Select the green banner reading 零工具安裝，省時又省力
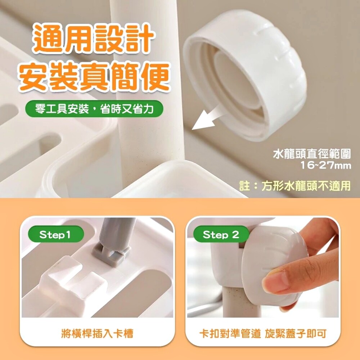(94, 109)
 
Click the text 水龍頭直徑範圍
(312, 154)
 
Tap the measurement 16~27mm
(326, 166)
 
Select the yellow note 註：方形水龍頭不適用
(295, 185)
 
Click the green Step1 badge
(56, 234)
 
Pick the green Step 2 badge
(221, 234)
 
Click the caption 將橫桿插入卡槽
(97, 333)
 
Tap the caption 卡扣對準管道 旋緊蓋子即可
(263, 333)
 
